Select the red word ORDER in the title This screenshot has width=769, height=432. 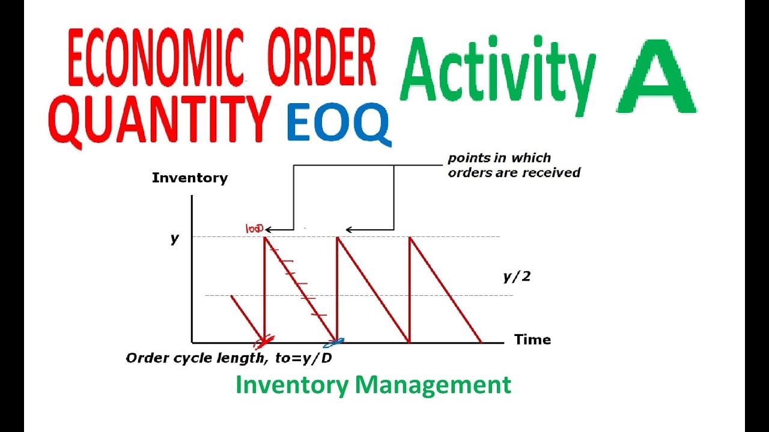point(322,57)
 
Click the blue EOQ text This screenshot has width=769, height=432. point(339,122)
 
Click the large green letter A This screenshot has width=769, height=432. point(657,76)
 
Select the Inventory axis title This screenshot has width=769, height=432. point(190,178)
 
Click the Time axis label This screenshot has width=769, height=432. point(532,340)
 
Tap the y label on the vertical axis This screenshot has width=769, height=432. point(175,239)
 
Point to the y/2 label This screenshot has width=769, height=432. point(517,277)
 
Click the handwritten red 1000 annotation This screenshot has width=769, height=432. point(255,229)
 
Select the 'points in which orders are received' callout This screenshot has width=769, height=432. point(514,165)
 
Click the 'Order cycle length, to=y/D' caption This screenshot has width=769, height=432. point(229,358)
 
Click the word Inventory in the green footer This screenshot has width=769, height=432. point(292,385)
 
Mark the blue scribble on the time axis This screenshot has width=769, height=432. point(335,342)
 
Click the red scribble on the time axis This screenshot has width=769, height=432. point(264,341)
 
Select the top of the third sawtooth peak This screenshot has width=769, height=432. point(410,237)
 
